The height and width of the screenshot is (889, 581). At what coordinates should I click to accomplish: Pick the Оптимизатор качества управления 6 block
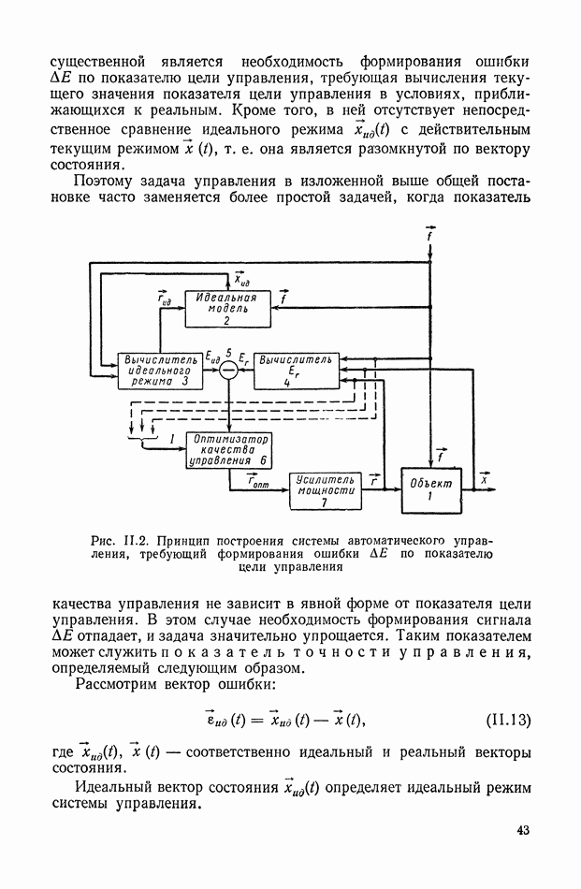click(x=228, y=449)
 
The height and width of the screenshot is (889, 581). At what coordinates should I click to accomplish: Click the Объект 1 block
click(x=431, y=489)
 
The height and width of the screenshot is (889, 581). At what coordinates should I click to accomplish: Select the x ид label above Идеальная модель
click(x=240, y=278)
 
